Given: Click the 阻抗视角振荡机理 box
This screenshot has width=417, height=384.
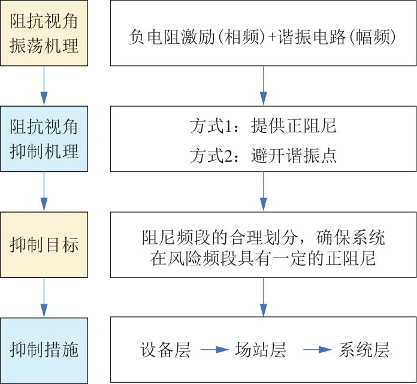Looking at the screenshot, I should [44, 34].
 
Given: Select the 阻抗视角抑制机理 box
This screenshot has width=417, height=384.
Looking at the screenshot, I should [44, 139].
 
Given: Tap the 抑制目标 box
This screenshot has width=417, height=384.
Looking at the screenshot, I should [44, 244].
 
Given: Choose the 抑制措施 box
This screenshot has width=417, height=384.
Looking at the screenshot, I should [44, 350].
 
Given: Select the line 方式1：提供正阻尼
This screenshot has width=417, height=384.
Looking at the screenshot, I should [262, 126].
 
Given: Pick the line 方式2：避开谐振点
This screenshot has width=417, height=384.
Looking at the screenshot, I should [262, 156].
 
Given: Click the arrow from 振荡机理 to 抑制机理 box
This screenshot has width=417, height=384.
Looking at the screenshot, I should [44, 86].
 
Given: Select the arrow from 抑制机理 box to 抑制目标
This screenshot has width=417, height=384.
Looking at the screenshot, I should [44, 191].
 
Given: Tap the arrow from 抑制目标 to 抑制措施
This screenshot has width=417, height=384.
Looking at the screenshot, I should [44, 297].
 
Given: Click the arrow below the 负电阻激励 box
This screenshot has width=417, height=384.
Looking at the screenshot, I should [263, 86].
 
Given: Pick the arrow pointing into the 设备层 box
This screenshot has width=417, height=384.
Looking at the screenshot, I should [263, 297].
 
